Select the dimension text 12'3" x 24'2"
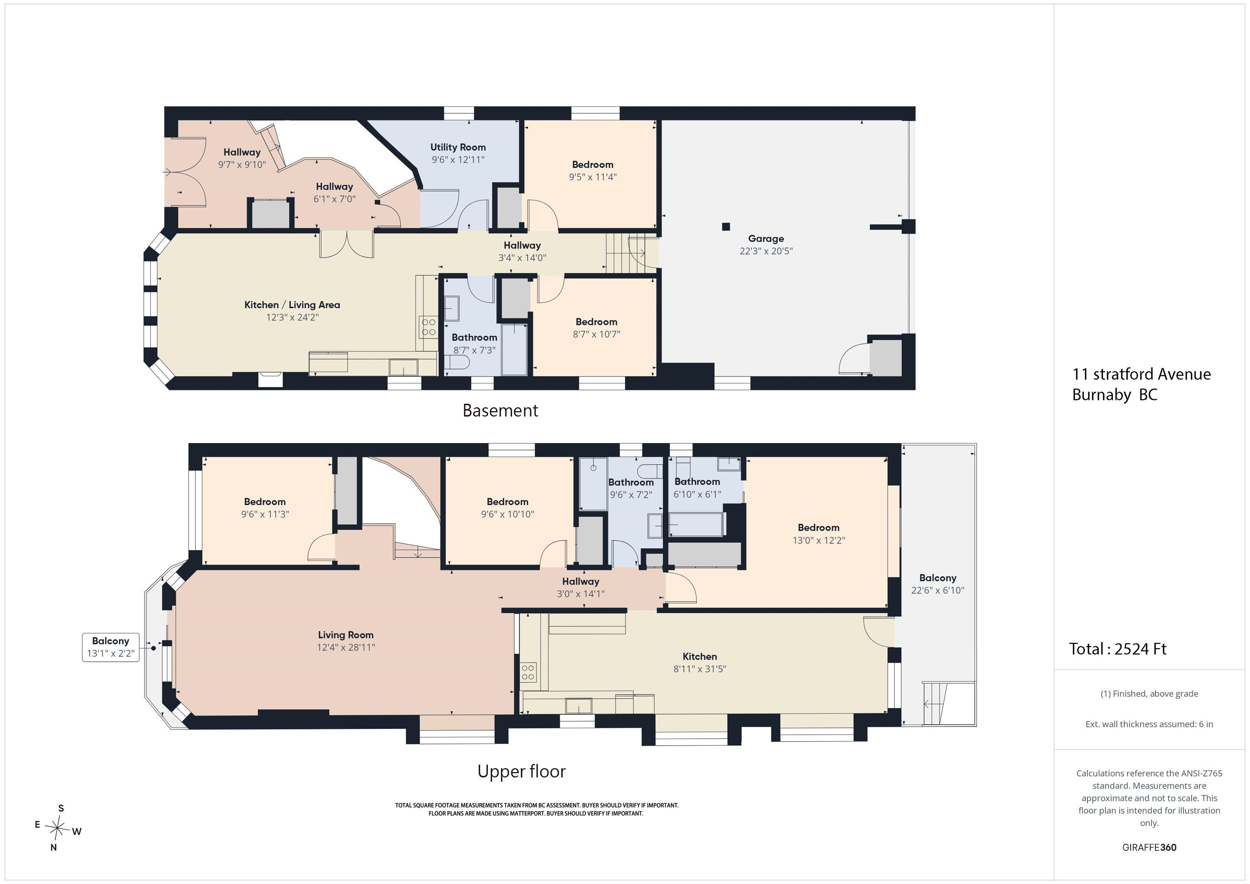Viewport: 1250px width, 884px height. (x=292, y=317)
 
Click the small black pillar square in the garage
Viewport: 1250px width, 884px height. (x=726, y=227)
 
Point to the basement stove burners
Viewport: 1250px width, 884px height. (x=428, y=327)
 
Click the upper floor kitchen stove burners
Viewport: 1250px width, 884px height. (x=528, y=672)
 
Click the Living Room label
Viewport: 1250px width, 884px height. (x=346, y=635)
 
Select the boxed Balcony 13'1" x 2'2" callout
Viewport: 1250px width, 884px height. (x=111, y=647)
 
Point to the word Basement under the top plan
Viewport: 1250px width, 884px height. (x=500, y=410)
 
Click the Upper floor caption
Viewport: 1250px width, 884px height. (x=522, y=771)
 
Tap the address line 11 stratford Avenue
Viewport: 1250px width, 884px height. (x=1142, y=374)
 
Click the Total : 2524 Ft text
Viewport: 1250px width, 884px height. (x=1118, y=649)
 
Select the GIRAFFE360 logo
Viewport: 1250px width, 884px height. (x=1149, y=847)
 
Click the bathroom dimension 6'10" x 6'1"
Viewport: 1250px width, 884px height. (x=697, y=494)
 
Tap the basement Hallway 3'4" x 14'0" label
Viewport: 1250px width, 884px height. (x=522, y=251)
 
